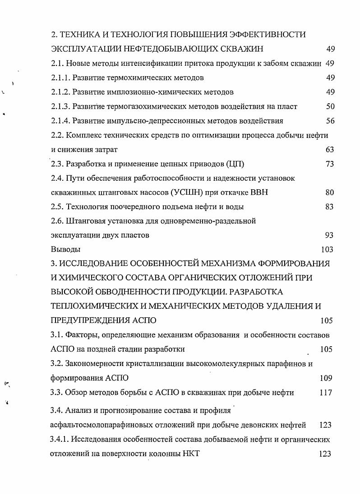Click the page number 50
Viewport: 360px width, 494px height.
pyautogui.click(x=330, y=106)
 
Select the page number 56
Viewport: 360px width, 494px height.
pyautogui.click(x=330, y=121)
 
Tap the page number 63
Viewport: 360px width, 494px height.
pyautogui.click(x=330, y=150)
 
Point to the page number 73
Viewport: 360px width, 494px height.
pyautogui.click(x=330, y=164)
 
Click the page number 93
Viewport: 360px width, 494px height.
pyautogui.click(x=329, y=235)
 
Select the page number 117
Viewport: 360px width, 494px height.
pyautogui.click(x=325, y=393)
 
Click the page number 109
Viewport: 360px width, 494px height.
pyautogui.click(x=325, y=378)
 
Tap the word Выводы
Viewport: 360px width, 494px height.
pyautogui.click(x=66, y=249)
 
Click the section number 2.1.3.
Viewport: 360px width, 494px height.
pyautogui.click(x=61, y=106)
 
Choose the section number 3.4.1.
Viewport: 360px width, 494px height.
pyautogui.click(x=61, y=439)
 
